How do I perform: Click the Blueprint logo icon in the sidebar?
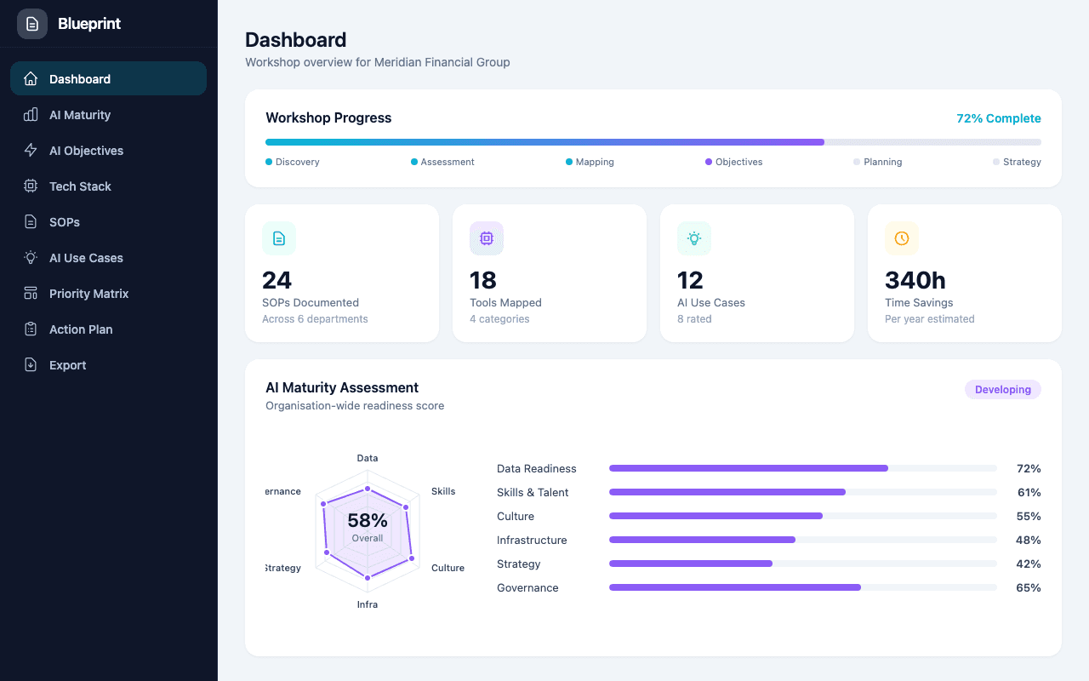[32, 24]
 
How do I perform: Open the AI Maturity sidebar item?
[80, 115]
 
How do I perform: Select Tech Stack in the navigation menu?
[80, 186]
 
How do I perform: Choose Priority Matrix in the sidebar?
[88, 294]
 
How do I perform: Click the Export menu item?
[67, 365]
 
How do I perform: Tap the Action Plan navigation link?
[81, 329]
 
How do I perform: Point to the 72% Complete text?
[998, 118]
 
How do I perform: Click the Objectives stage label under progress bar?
[738, 162]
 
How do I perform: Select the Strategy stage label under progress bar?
[1021, 162]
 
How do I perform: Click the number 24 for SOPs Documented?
[277, 280]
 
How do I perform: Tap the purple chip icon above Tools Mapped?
[487, 238]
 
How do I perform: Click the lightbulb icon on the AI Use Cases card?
[694, 238]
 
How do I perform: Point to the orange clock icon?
[902, 238]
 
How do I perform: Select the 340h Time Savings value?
[915, 280]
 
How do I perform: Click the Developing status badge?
[1002, 389]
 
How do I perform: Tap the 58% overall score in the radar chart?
[368, 521]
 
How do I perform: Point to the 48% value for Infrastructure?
[1028, 540]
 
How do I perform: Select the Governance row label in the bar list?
[527, 587]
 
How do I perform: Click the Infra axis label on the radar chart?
[368, 604]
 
